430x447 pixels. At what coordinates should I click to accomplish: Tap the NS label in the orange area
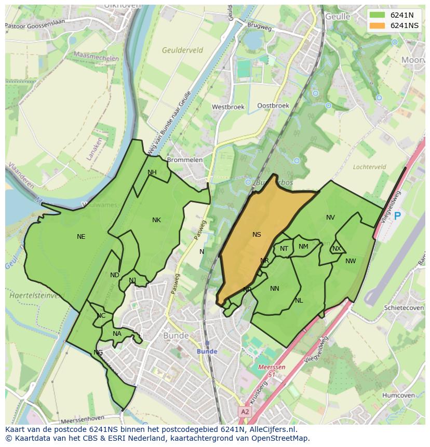pos(257,235)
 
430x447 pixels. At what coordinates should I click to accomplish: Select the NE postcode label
pos(81,237)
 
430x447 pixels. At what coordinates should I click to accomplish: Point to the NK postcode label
pos(156,220)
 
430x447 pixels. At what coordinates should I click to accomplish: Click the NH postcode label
pos(152,172)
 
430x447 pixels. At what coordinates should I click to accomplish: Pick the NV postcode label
pos(330,218)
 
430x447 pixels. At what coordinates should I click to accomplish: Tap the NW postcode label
pos(351,261)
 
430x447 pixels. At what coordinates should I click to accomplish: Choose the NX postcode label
pos(337,249)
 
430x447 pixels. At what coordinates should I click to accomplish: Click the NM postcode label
pos(303,247)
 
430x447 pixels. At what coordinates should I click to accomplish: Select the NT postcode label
pos(284,249)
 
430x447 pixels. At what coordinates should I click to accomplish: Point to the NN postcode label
pos(275,289)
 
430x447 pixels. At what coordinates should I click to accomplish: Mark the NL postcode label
pos(299,301)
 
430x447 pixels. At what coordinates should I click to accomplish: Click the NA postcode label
pos(117,334)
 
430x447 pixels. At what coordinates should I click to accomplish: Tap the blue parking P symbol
pos(398,216)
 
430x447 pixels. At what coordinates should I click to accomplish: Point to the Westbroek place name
pos(228,107)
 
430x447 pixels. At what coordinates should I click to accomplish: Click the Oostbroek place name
pos(273,105)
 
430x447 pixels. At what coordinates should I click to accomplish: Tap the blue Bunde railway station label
pos(207,351)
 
